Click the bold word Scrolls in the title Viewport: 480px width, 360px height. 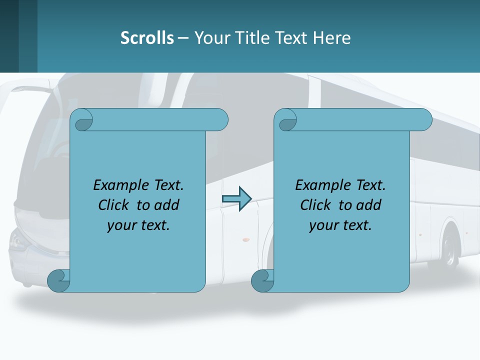(147, 38)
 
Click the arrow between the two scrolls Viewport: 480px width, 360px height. (236, 199)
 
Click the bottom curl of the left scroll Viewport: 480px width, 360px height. (58, 281)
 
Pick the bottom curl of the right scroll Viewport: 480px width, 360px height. (262, 281)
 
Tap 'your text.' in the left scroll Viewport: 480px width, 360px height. (138, 225)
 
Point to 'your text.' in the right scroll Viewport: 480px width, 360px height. (340, 225)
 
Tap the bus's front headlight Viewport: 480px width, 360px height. (19, 241)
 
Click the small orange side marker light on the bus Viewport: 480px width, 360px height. (245, 240)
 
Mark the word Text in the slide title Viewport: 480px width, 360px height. (292, 38)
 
